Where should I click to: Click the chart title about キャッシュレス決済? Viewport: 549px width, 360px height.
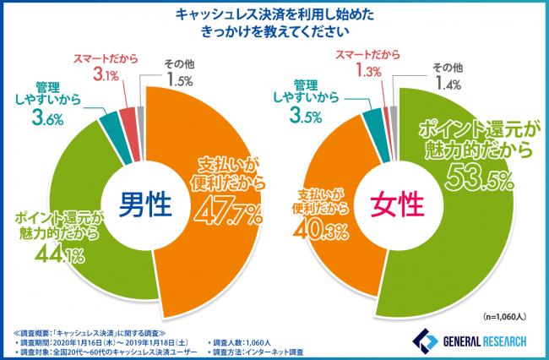click(x=274, y=23)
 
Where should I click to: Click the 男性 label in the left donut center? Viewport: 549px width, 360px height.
click(x=145, y=203)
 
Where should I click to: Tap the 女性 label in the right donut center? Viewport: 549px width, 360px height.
click(x=399, y=203)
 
